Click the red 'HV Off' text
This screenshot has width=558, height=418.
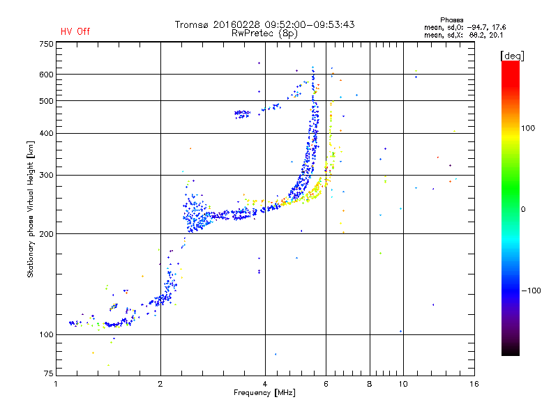[x=75, y=31]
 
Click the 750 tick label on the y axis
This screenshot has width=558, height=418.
[x=45, y=44]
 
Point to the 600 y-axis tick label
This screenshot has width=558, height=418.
[x=45, y=74]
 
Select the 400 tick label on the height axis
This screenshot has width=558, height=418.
[x=45, y=133]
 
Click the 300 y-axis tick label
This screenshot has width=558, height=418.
[x=45, y=175]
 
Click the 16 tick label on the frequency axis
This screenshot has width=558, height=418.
[x=474, y=384]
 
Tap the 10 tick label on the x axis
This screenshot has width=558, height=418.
[x=402, y=384]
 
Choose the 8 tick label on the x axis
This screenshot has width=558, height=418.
[x=370, y=384]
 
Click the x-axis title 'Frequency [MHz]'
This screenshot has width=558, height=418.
[x=265, y=394]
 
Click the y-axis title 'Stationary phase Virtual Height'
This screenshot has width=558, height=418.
[x=31, y=209]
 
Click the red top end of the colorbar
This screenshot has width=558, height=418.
[x=510, y=65]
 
